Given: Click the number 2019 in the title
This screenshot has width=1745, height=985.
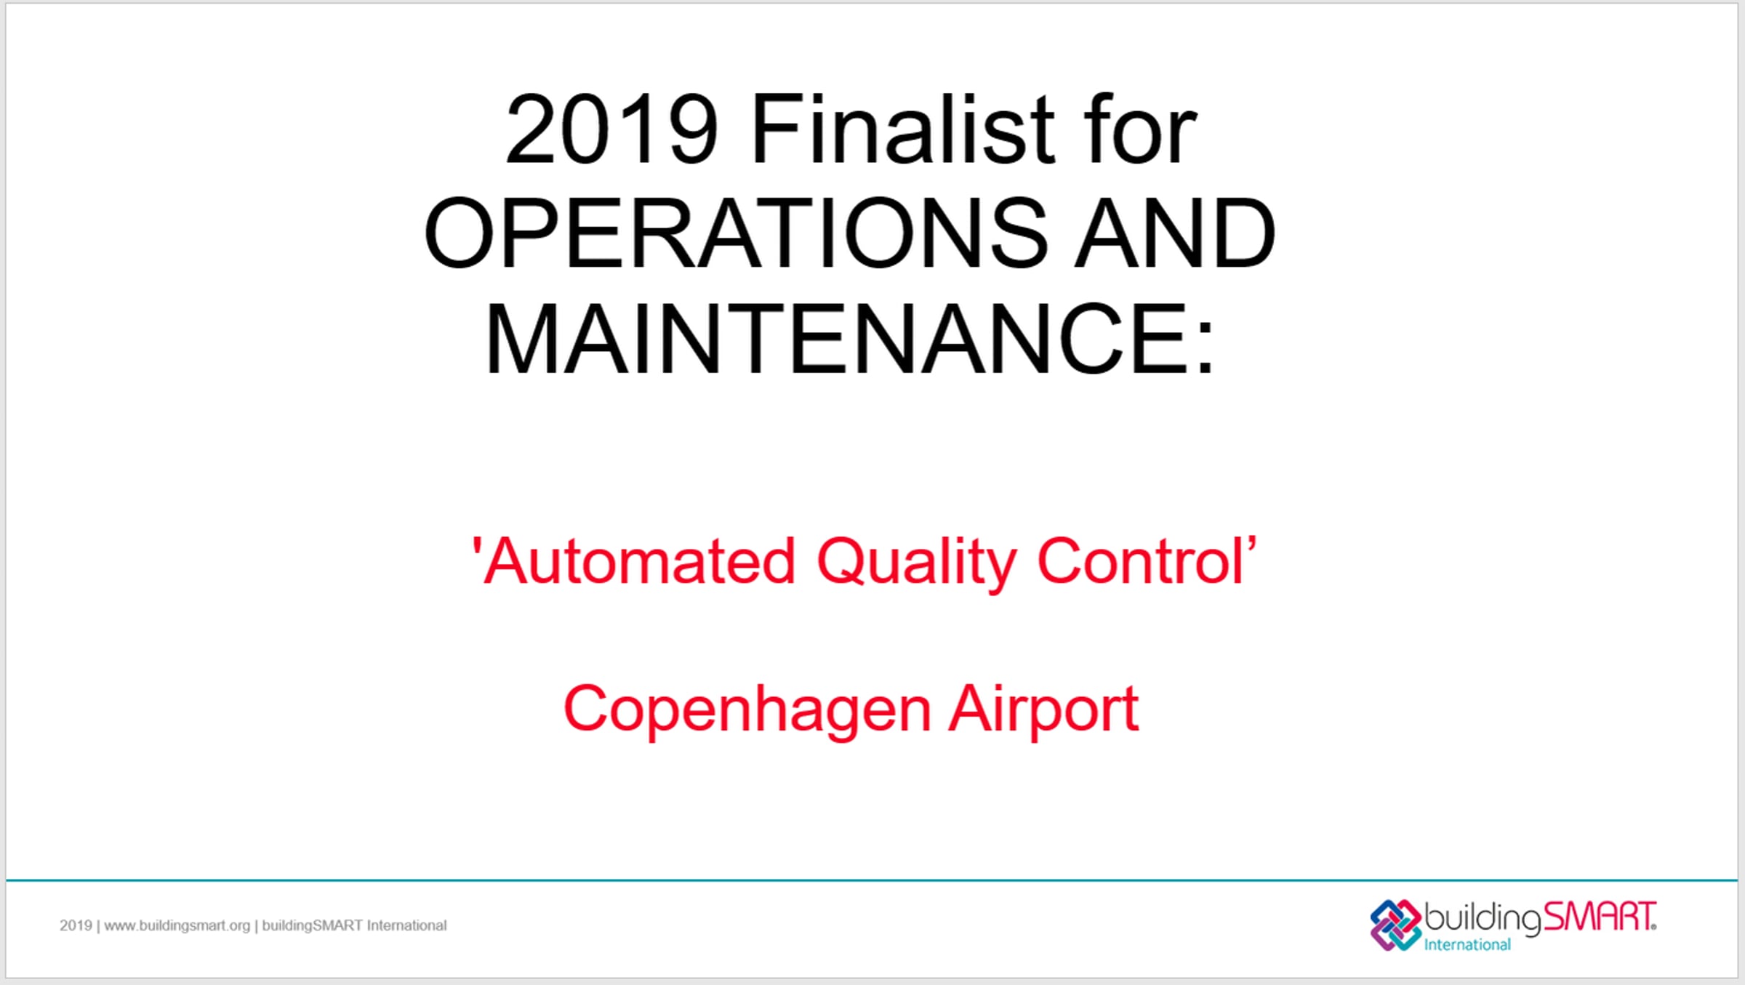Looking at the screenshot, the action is (612, 129).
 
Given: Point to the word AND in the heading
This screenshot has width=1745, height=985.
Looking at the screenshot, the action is (1176, 233).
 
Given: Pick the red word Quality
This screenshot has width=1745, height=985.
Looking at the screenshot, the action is (916, 563).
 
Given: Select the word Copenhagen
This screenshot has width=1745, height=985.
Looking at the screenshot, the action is (747, 711).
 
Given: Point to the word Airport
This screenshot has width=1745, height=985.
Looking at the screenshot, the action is (1044, 709).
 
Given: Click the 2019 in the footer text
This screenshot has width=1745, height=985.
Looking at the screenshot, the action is (76, 925).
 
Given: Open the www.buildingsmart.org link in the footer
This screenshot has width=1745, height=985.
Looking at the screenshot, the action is (177, 926).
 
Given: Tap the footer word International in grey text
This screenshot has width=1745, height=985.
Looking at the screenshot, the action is (406, 925).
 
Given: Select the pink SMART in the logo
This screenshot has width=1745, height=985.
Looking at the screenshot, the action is (1599, 917).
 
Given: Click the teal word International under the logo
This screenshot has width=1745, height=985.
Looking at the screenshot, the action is (1467, 944).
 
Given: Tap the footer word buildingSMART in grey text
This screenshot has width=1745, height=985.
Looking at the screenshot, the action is (312, 926).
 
